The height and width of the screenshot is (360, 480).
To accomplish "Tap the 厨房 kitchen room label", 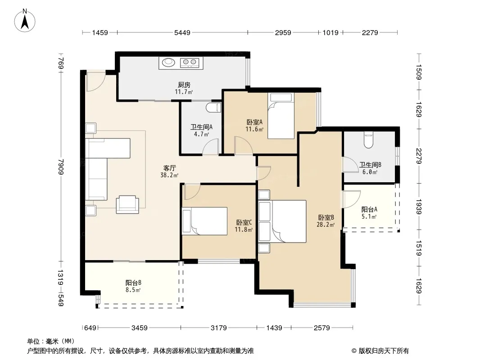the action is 184,85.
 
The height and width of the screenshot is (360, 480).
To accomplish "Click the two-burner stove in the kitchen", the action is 190,63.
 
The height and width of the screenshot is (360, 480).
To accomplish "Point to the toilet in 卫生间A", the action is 213,108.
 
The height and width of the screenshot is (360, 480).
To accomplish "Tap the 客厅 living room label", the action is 170,168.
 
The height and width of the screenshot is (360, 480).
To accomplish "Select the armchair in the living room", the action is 127,204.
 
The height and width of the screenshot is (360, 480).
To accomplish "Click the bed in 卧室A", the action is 281,116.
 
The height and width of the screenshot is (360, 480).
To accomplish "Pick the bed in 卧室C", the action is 204,221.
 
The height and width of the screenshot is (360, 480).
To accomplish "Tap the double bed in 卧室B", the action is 282,221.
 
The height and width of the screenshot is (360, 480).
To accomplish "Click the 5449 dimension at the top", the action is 182,32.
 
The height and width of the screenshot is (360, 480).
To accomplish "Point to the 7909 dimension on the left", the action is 61,166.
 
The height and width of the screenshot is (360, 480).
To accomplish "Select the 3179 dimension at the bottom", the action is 218,328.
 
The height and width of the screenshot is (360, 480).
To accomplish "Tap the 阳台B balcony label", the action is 133,283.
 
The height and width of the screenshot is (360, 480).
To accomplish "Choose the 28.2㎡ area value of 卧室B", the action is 326,225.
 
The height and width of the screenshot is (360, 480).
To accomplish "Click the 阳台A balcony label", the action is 369,210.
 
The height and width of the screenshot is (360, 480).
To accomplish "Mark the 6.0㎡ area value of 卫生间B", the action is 370,172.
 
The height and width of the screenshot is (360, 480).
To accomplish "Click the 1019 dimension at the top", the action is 331,32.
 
